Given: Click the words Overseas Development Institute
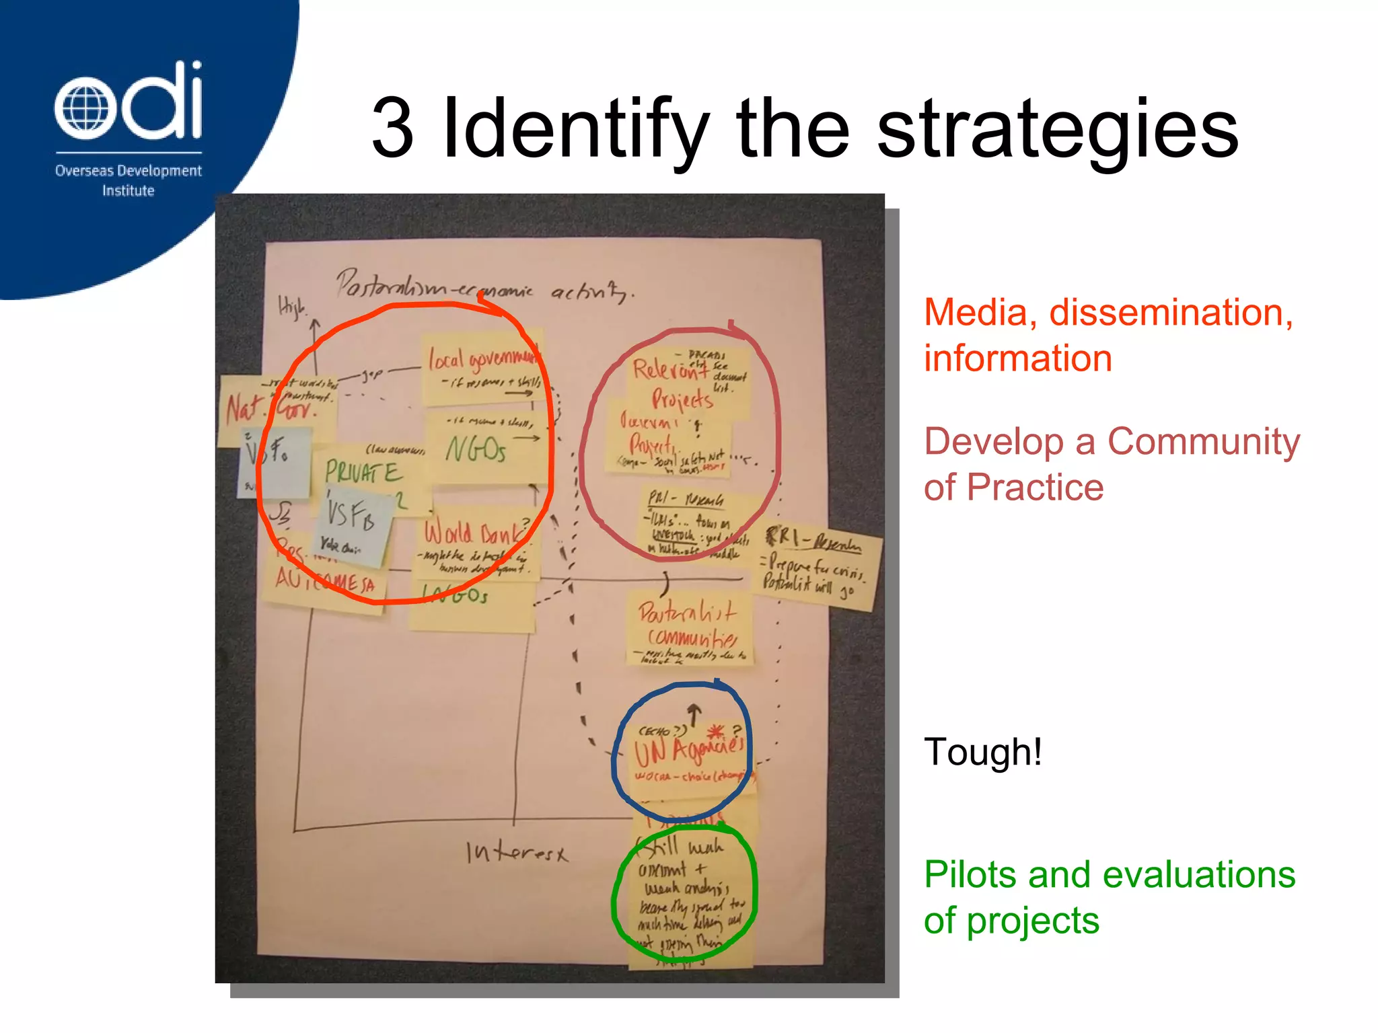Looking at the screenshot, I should (x=128, y=180).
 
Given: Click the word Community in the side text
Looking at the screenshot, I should (x=1203, y=443).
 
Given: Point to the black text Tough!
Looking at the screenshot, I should (x=983, y=751).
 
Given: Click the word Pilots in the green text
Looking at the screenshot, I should (x=971, y=875).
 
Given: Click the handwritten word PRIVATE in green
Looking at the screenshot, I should (x=363, y=471).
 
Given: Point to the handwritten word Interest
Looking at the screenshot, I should (x=517, y=853).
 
